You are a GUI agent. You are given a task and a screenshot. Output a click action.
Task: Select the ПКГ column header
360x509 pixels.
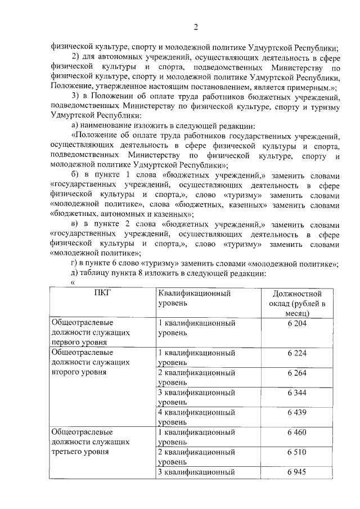[102, 293]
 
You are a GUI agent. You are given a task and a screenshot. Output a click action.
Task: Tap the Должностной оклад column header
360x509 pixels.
[296, 303]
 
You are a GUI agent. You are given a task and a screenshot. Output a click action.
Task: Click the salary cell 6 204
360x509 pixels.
[296, 323]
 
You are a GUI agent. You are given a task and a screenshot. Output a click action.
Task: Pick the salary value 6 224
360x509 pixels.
[296, 353]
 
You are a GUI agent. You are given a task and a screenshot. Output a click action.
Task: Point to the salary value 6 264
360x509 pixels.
[296, 372]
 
